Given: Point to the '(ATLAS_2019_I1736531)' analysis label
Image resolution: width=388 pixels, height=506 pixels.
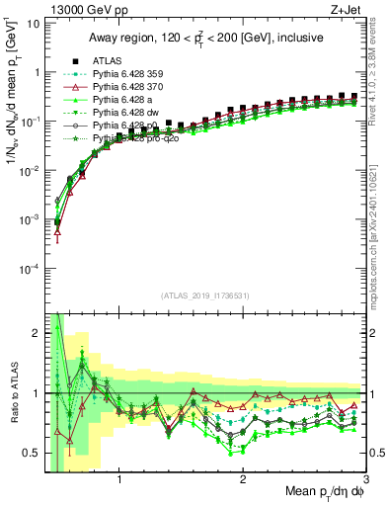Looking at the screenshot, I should tap(204, 295).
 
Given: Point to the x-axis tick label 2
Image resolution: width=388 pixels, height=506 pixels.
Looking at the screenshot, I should tap(243, 479).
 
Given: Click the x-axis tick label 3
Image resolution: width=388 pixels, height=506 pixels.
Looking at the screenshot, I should tap(365, 479).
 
